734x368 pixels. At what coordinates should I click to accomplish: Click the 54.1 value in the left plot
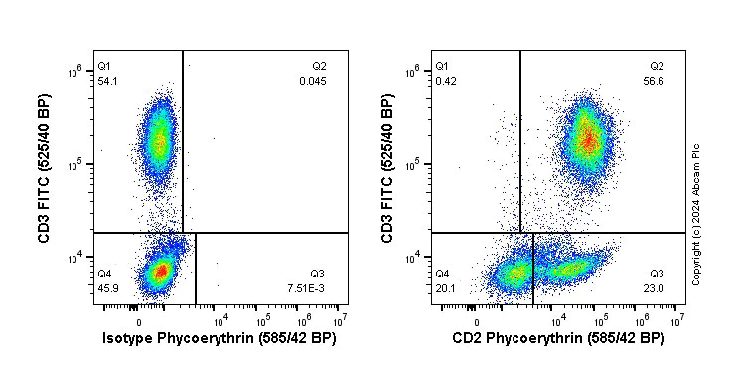coord(106,81)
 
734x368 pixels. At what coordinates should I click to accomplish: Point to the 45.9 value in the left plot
coord(106,287)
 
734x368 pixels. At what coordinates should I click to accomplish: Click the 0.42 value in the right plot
coord(445,81)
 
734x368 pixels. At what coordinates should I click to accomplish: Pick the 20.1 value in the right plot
coord(445,287)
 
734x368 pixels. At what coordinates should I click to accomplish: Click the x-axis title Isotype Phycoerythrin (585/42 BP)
coord(220,339)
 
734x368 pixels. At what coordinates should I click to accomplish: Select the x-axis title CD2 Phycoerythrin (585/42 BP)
coord(559,339)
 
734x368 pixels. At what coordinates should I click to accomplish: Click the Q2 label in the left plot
coord(319,66)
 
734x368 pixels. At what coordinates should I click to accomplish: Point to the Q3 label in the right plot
coord(657,273)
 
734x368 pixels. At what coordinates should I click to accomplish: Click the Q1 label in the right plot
coord(442,66)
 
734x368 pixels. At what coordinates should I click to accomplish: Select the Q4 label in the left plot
coord(103,273)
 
